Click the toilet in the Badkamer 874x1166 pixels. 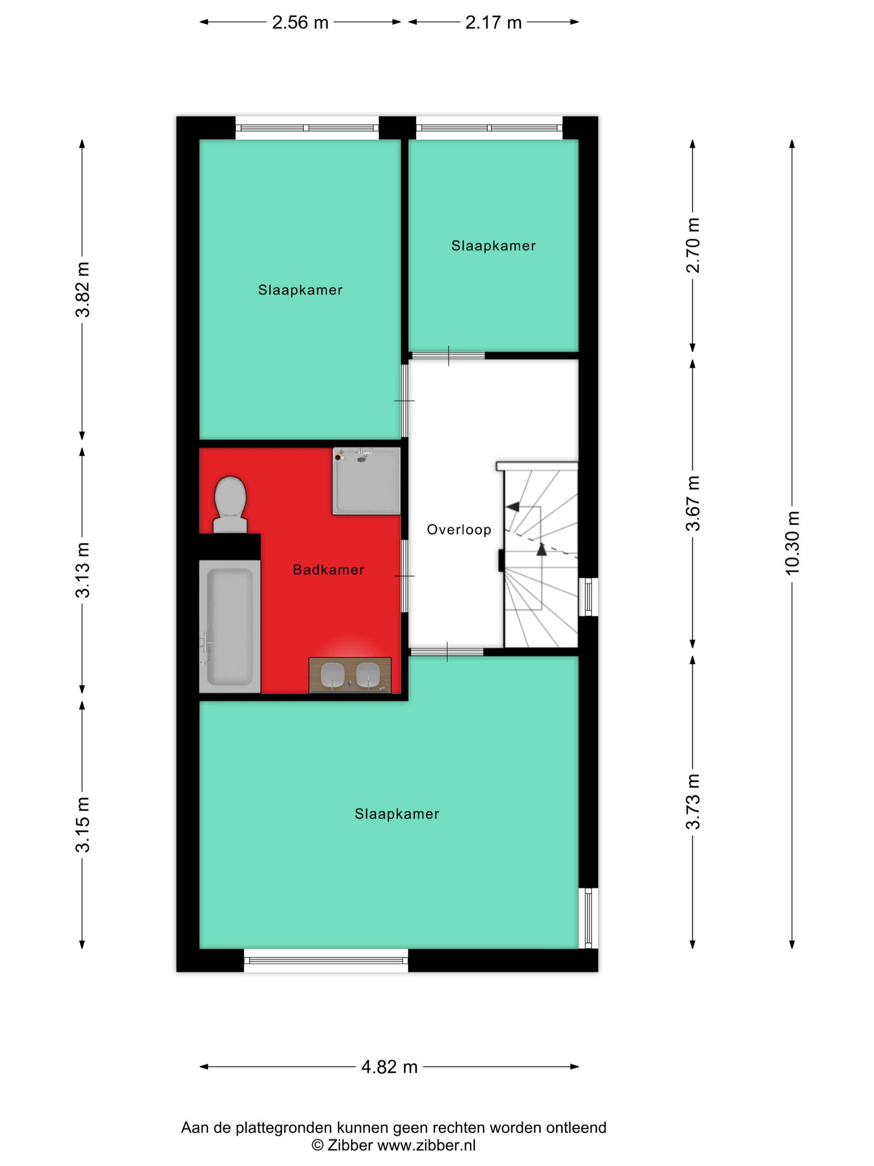[230, 505]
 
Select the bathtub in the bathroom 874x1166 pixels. [230, 626]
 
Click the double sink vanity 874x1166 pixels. [350, 675]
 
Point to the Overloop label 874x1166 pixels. [459, 530]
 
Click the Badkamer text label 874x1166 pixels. [329, 570]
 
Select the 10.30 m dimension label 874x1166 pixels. [792, 543]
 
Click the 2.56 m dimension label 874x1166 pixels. [300, 22]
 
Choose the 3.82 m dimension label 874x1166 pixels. [83, 289]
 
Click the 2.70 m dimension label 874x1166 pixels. [693, 245]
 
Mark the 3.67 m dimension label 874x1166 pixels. [693, 503]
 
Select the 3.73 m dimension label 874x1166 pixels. [693, 802]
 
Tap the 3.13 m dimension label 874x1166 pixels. [83, 570]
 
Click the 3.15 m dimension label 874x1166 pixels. [83, 825]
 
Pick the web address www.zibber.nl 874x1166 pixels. [427, 1145]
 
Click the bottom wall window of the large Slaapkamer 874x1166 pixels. [326, 961]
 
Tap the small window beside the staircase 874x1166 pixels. [589, 597]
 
